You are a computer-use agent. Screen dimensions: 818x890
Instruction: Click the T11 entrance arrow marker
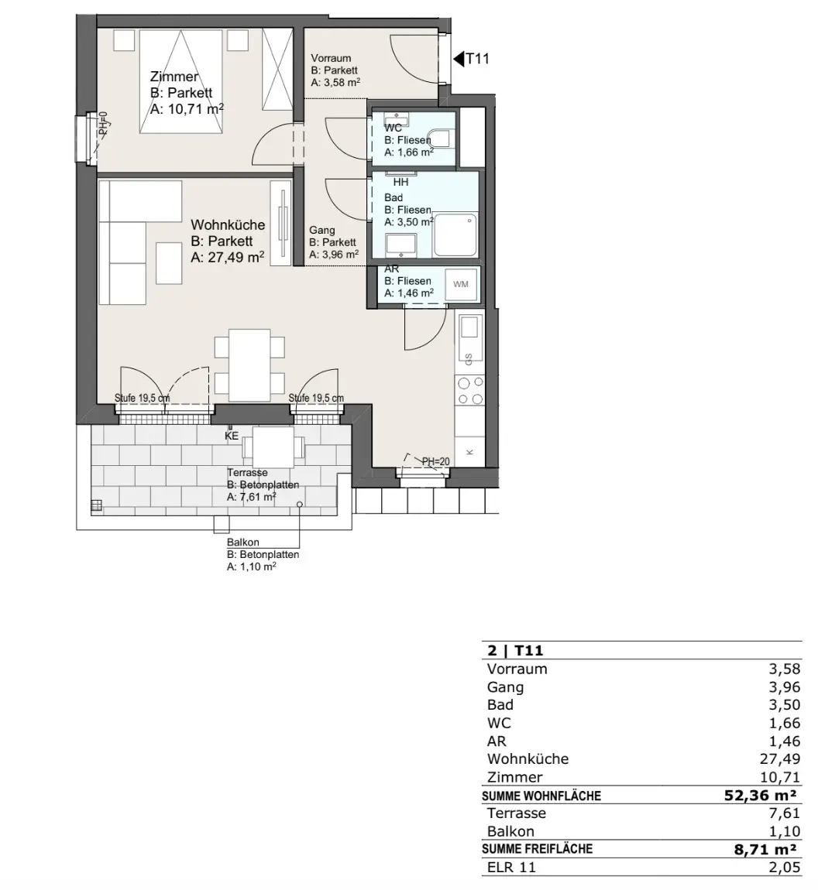tap(459, 59)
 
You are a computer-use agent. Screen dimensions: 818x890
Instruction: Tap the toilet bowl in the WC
tap(440, 138)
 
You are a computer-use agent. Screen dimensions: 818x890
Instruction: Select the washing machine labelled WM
tap(461, 284)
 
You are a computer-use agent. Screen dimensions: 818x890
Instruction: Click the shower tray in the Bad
tap(455, 235)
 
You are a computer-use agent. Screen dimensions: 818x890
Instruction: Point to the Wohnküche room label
tap(228, 224)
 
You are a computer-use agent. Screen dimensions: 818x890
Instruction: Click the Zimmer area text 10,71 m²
tap(187, 109)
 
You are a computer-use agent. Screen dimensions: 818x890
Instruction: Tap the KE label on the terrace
tap(231, 436)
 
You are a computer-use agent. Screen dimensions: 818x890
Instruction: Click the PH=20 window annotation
tap(435, 461)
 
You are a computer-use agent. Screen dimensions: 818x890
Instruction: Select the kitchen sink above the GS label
tap(469, 327)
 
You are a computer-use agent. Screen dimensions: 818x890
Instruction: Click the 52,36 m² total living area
tap(760, 796)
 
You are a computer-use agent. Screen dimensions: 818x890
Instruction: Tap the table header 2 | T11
tap(515, 650)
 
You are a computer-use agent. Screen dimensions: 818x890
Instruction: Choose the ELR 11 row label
tap(511, 868)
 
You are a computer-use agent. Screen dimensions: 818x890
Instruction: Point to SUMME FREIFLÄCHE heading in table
tap(537, 849)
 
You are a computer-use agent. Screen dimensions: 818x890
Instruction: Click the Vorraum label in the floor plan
tap(331, 58)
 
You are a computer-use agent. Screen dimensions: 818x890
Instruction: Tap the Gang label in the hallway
tap(321, 230)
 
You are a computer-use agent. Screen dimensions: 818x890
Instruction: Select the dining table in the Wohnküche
tap(249, 365)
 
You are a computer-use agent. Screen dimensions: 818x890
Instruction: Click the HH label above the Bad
tap(400, 182)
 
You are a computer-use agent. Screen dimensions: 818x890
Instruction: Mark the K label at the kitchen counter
tap(469, 452)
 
